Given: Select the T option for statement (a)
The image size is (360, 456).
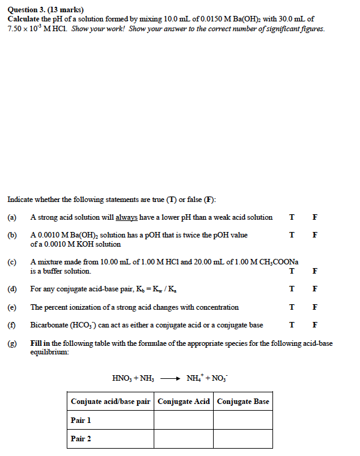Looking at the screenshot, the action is tap(291, 217).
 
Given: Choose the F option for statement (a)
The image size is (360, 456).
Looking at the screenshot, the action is tap(315, 217).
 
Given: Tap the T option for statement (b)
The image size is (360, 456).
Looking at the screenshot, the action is tap(291, 235).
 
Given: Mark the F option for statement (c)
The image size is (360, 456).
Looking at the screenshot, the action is tap(315, 271).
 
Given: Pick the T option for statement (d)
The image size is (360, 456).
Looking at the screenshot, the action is tap(291, 289).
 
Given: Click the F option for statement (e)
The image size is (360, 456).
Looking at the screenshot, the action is tap(315, 307).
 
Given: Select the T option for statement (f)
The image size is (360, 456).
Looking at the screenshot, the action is tap(291, 325).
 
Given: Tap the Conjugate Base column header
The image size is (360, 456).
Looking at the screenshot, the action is tap(243, 402).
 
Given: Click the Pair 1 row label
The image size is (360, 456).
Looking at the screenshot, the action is tap(81, 420).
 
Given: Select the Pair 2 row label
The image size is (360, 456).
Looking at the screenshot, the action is tap(81, 439).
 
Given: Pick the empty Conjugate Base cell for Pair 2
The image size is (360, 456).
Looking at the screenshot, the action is tap(243, 439).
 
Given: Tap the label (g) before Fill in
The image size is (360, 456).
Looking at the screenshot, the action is tap(12, 343).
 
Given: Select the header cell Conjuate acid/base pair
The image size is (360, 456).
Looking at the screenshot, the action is tap(111, 402).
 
